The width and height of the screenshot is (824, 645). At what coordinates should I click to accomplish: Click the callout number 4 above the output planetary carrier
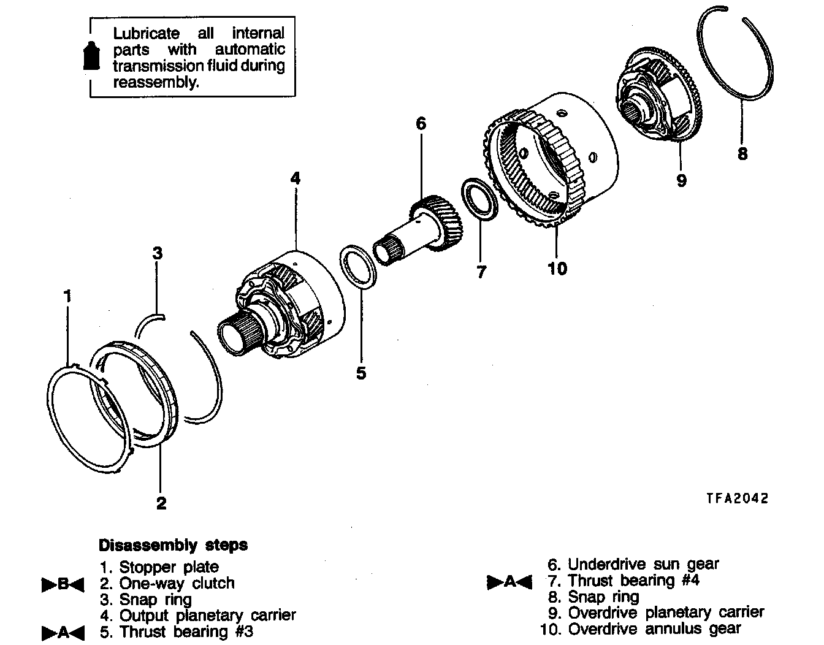(296, 178)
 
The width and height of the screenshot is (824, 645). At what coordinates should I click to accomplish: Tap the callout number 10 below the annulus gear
(557, 268)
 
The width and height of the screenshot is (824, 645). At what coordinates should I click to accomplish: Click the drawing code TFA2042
(736, 498)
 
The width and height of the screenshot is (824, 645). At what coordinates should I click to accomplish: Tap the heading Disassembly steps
(173, 545)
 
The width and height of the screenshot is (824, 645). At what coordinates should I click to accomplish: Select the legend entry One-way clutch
(177, 583)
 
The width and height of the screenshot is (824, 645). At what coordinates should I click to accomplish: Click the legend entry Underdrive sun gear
(643, 564)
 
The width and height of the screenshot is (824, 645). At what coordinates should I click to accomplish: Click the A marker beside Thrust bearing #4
(509, 581)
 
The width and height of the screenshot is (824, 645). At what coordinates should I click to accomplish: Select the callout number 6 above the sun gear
(421, 124)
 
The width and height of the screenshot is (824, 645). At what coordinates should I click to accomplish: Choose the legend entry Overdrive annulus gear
(654, 628)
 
